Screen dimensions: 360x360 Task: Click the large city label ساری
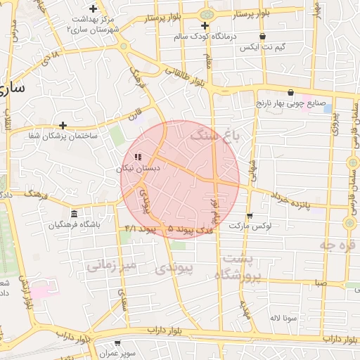13,89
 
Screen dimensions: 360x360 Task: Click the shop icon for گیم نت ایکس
263,37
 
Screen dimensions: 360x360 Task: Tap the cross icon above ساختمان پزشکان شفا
63,125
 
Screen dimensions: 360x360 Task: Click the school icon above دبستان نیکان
138,157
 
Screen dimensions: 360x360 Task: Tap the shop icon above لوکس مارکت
250,216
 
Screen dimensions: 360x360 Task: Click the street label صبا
320,283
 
